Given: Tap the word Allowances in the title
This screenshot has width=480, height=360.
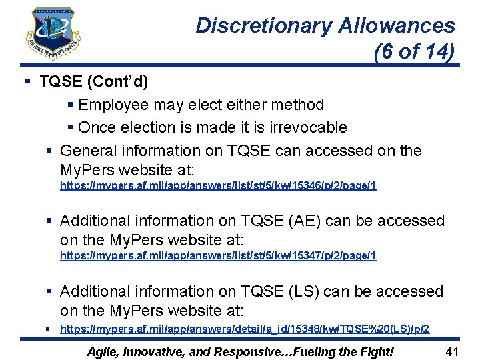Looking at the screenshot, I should tap(397, 26).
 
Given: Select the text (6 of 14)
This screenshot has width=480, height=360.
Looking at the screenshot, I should tap(414, 51).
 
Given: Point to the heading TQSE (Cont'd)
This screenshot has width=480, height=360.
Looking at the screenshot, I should tap(94, 82).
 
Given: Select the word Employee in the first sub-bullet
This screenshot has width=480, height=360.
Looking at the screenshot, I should tap(113, 105).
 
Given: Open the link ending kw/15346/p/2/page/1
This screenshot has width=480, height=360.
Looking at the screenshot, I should tap(219, 185).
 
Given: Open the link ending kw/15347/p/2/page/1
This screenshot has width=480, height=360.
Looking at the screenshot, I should tap(219, 255).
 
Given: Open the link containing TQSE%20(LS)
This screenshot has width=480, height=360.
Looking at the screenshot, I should tap(245, 329).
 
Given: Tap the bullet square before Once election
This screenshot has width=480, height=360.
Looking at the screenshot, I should tap(71, 127).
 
